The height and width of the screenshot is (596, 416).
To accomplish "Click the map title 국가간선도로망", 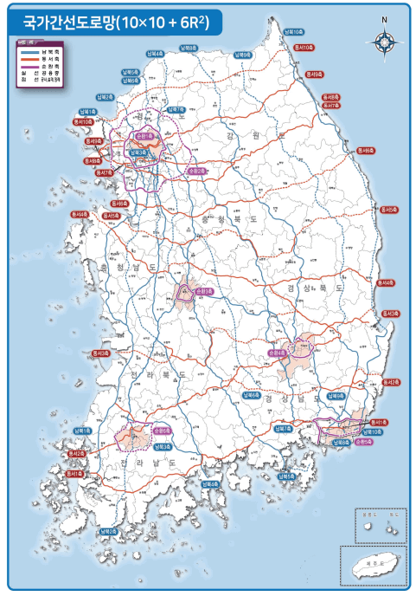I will [65, 18].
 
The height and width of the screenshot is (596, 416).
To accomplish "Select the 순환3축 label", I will [205, 291].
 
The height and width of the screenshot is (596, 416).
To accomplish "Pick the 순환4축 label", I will [277, 353].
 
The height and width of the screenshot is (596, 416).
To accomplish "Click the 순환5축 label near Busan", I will [363, 442].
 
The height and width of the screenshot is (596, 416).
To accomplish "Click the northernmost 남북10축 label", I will [293, 31].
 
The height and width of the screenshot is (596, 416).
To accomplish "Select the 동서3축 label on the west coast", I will [101, 353].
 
